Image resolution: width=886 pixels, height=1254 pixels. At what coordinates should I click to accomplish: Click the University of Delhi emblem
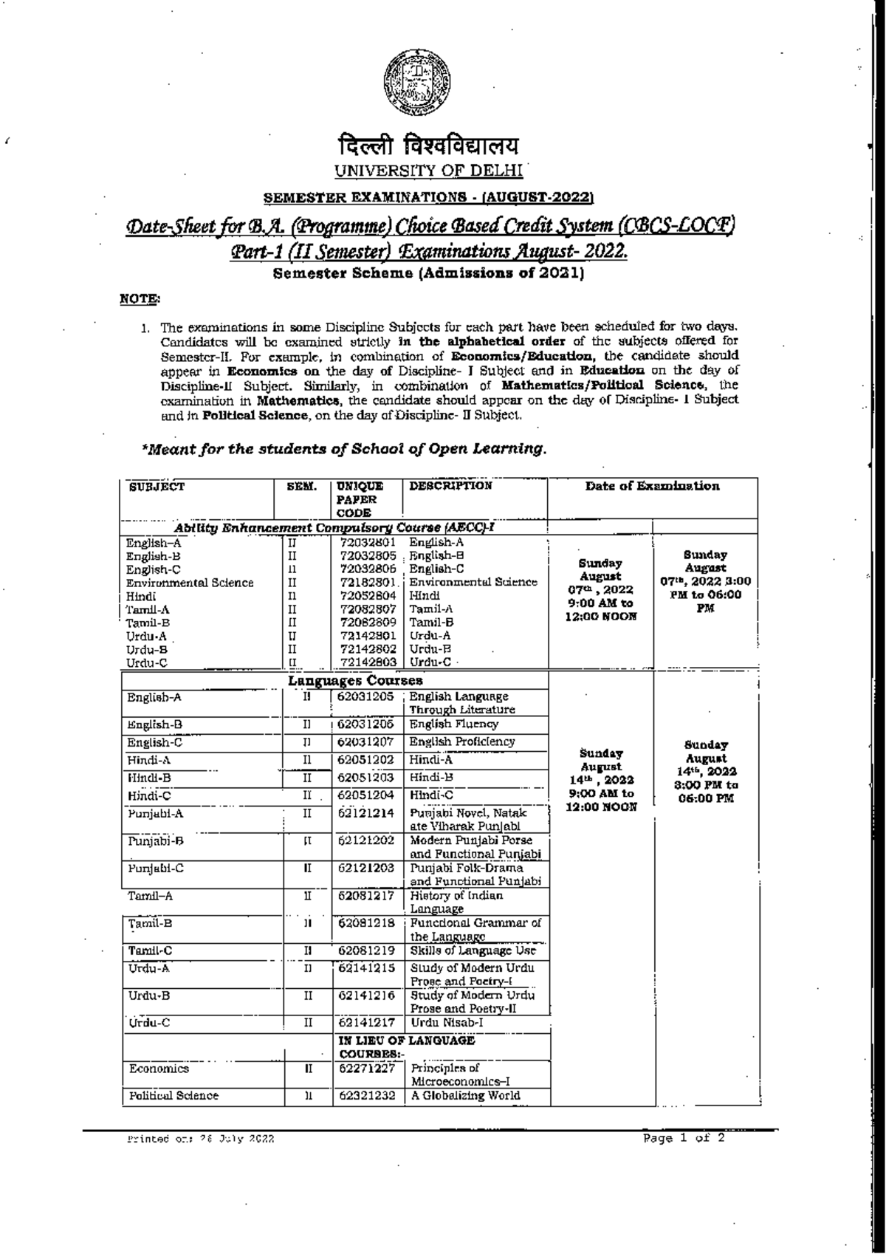point(418,81)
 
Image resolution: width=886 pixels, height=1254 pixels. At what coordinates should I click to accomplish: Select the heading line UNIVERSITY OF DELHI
point(428,171)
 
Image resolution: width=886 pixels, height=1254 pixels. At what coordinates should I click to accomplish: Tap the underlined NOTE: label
point(139,298)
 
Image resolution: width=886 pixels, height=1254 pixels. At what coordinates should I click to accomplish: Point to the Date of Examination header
point(652,486)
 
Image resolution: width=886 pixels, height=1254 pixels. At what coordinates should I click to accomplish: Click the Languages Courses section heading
point(355,680)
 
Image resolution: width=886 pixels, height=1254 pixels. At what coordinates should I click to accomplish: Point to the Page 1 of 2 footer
point(684,1138)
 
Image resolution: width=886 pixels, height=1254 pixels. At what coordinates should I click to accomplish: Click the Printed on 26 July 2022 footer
point(201,1140)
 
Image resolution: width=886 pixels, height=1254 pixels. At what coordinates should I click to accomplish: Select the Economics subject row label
point(159,1069)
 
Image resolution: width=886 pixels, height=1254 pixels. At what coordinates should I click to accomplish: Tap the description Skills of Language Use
point(473,951)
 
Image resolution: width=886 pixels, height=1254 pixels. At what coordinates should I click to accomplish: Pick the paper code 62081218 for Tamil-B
point(366,923)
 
